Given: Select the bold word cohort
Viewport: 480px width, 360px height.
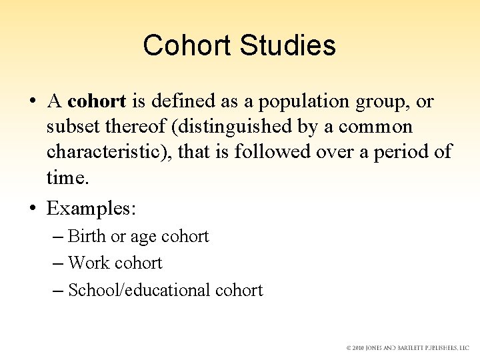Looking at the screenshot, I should (97, 101).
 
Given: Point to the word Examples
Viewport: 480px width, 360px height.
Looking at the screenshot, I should (90, 209).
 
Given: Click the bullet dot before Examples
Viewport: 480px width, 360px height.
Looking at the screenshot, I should (32, 209).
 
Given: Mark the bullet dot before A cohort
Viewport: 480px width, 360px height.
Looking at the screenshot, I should (32, 101).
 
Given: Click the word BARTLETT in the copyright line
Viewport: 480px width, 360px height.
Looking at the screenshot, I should (413, 348).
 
